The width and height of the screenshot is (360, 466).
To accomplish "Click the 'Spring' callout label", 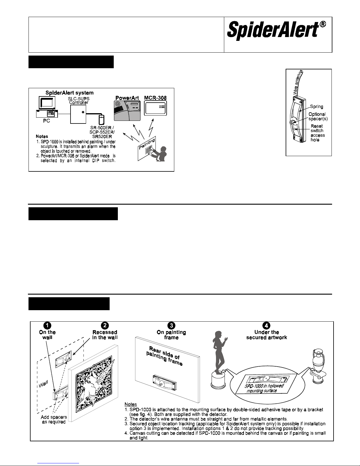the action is point(317,106).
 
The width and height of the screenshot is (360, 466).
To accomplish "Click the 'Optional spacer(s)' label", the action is point(318,117).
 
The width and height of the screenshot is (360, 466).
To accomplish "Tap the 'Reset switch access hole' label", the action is point(317,133).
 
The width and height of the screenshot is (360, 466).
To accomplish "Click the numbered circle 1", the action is point(47,325).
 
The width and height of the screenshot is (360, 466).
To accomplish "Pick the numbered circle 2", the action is point(105,325).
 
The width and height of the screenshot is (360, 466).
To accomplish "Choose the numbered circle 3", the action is point(171,325).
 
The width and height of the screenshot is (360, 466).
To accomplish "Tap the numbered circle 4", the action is point(266,325).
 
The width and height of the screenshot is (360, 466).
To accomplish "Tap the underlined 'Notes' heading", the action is point(131,405).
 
